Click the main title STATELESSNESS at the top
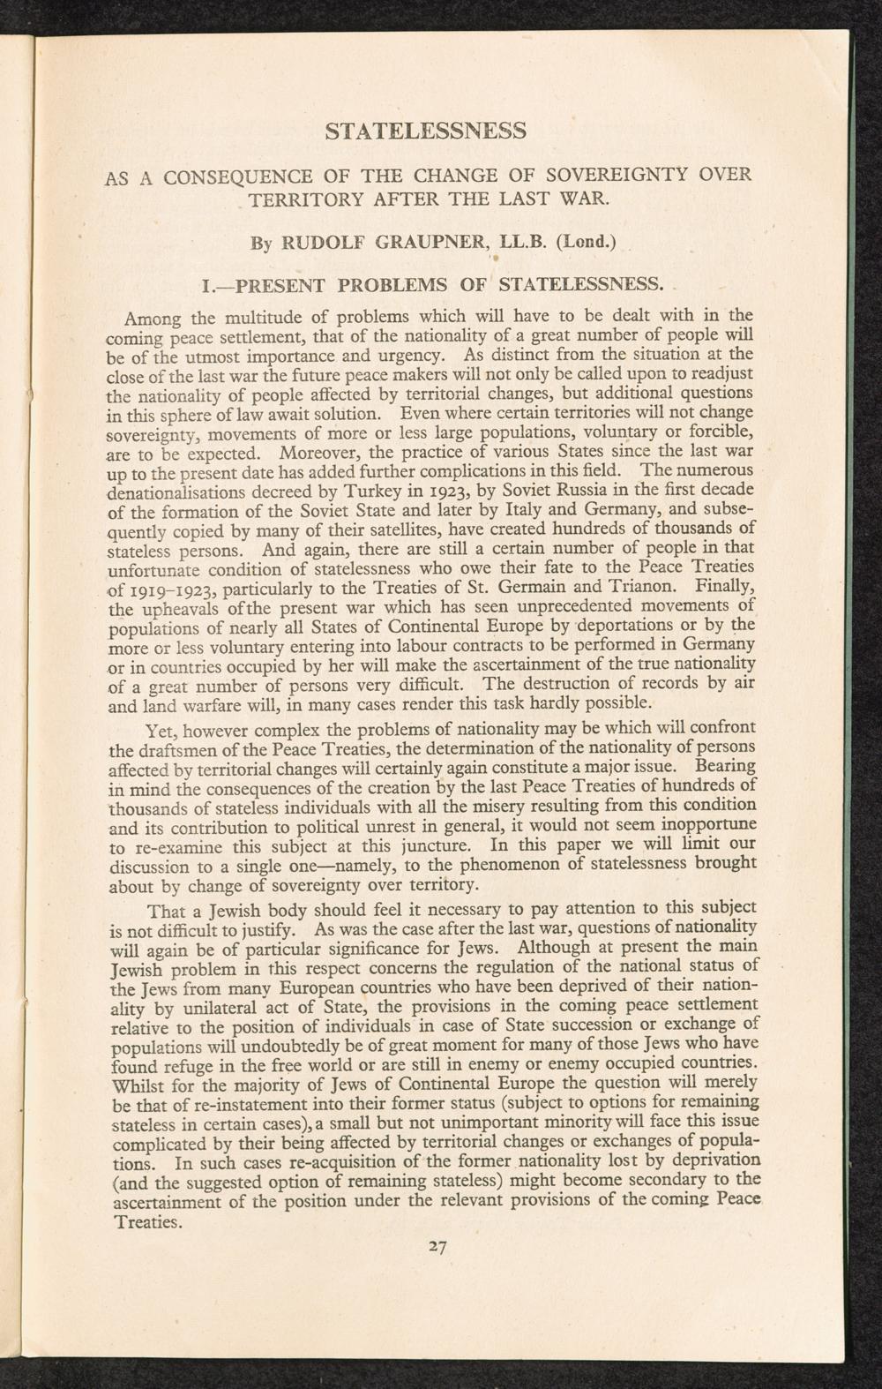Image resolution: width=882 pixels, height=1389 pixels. point(426,131)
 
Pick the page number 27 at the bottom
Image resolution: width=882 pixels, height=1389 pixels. point(437,1247)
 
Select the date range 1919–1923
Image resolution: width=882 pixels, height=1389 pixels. point(166,586)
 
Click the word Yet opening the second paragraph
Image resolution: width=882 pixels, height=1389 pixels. point(162,731)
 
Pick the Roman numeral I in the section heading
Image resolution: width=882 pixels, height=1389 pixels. point(206,285)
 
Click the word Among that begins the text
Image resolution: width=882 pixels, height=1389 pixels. point(155,317)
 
